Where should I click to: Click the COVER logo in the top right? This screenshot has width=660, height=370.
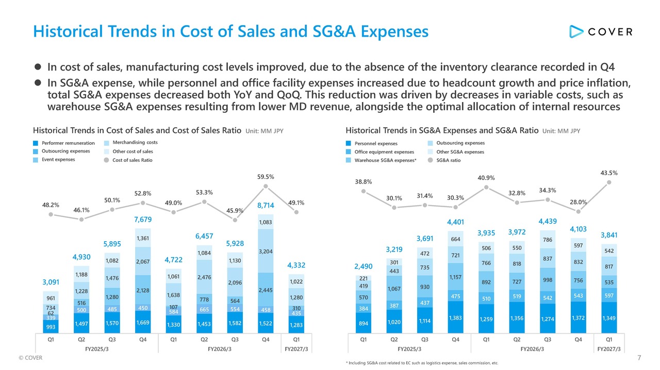[601, 31]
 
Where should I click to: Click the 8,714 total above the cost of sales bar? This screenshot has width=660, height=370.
[266, 205]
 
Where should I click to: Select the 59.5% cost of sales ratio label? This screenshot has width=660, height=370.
[266, 177]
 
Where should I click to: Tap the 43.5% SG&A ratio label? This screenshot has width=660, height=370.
[609, 173]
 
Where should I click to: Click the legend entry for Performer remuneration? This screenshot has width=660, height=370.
[64, 143]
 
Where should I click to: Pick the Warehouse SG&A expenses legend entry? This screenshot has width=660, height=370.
[381, 160]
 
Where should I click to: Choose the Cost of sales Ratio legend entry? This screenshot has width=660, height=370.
[128, 160]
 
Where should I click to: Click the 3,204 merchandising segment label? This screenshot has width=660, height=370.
[266, 251]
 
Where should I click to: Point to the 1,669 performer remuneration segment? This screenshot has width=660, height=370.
[143, 322]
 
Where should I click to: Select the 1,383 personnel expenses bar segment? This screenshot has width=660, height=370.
[455, 317]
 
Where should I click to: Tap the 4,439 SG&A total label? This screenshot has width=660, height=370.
[548, 221]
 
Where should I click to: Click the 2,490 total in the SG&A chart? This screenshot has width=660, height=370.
[364, 266]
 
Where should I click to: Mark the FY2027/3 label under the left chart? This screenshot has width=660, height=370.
[296, 349]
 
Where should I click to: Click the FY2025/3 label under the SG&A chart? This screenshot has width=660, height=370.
[409, 349]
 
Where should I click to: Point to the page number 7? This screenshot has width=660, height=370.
[639, 358]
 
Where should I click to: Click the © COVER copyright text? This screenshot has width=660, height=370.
[30, 358]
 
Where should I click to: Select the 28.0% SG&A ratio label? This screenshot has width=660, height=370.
[578, 202]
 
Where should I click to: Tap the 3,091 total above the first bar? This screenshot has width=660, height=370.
[51, 282]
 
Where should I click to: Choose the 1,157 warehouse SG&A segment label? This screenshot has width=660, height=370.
[455, 277]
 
